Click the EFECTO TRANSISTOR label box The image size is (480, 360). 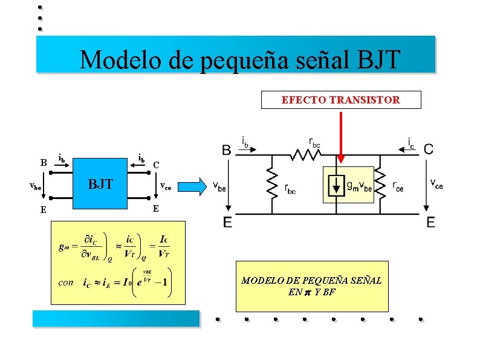340,100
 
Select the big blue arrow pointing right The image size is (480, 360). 194,186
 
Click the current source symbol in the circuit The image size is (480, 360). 337,186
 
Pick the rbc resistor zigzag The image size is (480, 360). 306,154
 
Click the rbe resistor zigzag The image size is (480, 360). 273,185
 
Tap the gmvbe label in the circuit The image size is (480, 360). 358,186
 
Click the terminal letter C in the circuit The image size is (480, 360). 429,149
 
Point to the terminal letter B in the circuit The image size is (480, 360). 226,149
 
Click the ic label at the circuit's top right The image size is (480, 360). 411,142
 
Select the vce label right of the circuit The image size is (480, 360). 436,183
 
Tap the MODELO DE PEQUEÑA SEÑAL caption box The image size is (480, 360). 311,286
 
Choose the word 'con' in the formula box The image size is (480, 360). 66,282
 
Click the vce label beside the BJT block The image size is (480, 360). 165,186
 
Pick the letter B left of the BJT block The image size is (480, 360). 44,162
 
